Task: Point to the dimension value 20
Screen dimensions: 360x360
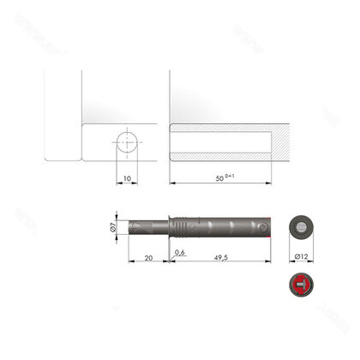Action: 149,255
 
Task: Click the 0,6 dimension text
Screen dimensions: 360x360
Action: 179,253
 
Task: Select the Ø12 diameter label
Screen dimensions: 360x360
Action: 300,256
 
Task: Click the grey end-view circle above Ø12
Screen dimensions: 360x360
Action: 300,228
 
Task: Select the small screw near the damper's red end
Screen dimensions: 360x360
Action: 261,227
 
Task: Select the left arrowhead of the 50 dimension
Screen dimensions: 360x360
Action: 172,183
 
